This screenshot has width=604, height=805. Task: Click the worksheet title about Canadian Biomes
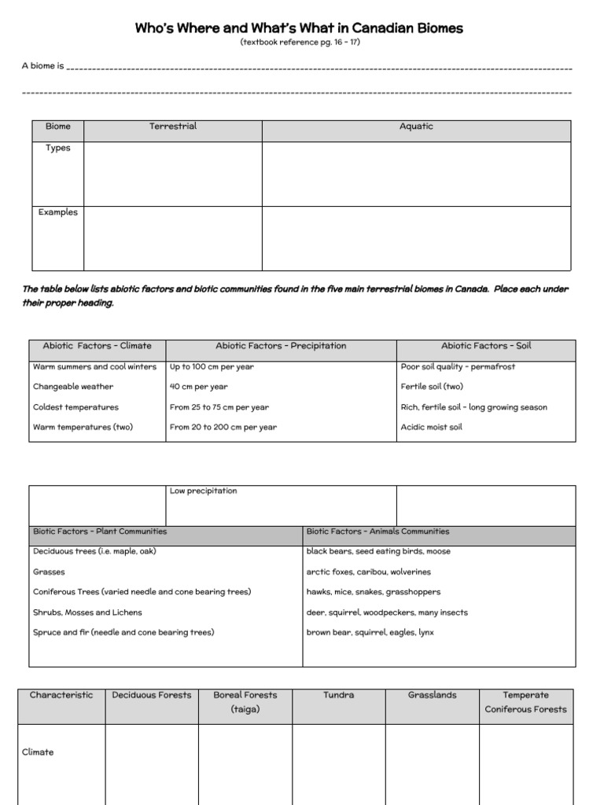[x=300, y=28]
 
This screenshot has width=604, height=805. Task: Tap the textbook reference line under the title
[x=300, y=42]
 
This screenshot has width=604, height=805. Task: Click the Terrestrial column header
[x=173, y=127]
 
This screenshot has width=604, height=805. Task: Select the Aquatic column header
[x=416, y=127]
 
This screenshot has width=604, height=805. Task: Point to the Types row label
[x=57, y=149]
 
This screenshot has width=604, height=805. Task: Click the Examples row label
[x=57, y=212]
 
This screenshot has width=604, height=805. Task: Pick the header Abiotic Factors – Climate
[x=98, y=346]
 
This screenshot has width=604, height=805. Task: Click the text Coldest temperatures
[x=75, y=407]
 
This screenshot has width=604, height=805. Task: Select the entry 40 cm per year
[x=198, y=387]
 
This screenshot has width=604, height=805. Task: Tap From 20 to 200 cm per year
[x=223, y=428]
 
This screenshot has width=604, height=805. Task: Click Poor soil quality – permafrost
[x=458, y=366]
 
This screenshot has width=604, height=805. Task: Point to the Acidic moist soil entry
[x=432, y=428]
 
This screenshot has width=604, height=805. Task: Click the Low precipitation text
[x=203, y=491]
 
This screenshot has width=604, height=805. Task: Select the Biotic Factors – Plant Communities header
[x=100, y=531]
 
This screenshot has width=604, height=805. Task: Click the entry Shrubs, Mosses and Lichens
[x=87, y=612]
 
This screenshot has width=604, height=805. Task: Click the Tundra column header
[x=338, y=695]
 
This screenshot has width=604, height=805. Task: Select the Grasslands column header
[x=432, y=695]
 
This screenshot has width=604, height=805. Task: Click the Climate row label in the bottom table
[x=38, y=752]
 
